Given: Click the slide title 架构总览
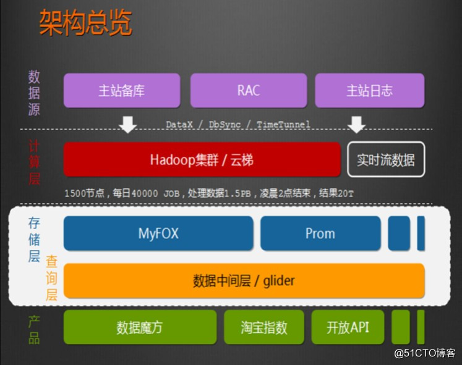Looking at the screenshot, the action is click(x=85, y=23).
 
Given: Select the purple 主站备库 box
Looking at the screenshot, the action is click(x=122, y=90).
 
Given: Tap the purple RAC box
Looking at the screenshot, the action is click(x=248, y=90).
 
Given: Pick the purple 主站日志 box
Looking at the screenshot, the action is click(x=369, y=90).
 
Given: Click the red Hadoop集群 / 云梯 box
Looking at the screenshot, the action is click(x=202, y=160).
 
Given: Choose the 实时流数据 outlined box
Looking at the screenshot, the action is click(x=385, y=160).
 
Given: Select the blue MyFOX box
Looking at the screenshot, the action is click(x=158, y=233).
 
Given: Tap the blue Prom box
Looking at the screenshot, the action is click(x=320, y=233).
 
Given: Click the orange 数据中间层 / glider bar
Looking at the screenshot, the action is click(x=244, y=281).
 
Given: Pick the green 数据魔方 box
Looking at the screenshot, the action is click(x=140, y=327).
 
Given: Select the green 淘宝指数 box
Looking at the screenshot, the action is click(x=264, y=327).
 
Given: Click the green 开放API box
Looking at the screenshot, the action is click(x=348, y=327).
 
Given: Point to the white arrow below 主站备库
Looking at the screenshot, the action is click(x=128, y=125).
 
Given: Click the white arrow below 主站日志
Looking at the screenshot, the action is click(x=356, y=125).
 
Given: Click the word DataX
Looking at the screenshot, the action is click(x=180, y=125).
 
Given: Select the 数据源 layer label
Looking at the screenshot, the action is click(x=34, y=93).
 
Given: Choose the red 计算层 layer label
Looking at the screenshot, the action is click(x=34, y=162).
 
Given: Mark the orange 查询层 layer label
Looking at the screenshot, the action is click(x=51, y=280).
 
